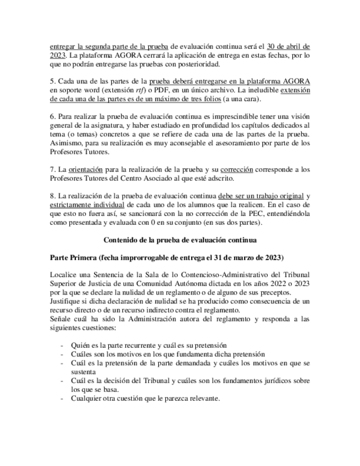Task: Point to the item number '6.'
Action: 53,117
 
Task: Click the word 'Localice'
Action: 63,275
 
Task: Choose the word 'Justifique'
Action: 67,302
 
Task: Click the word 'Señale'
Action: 60,319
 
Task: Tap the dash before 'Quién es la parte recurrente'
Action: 62,346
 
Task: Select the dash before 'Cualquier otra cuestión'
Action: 62,398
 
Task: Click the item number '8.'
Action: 53,196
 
